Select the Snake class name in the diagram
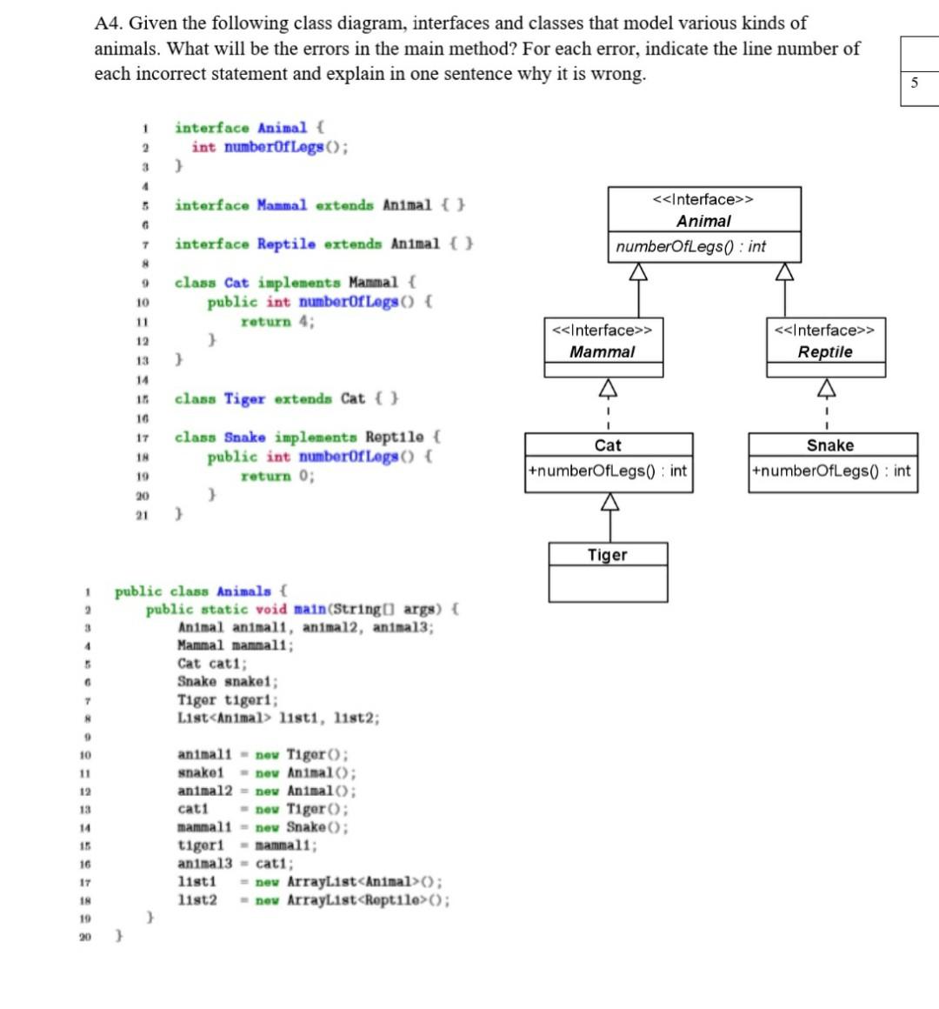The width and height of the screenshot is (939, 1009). click(830, 445)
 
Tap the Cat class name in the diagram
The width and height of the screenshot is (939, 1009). click(608, 445)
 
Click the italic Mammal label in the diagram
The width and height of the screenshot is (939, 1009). click(602, 351)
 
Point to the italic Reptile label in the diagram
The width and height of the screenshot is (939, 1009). click(825, 351)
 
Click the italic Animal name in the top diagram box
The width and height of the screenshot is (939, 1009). click(703, 221)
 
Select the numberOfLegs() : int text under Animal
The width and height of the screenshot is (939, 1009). click(690, 246)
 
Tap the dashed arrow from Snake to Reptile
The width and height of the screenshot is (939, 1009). click(827, 405)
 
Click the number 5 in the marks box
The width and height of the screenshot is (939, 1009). click(914, 83)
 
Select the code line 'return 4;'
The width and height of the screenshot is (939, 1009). click(277, 322)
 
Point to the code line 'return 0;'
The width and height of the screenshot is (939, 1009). click(277, 476)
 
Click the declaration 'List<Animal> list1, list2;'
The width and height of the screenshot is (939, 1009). click(278, 718)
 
